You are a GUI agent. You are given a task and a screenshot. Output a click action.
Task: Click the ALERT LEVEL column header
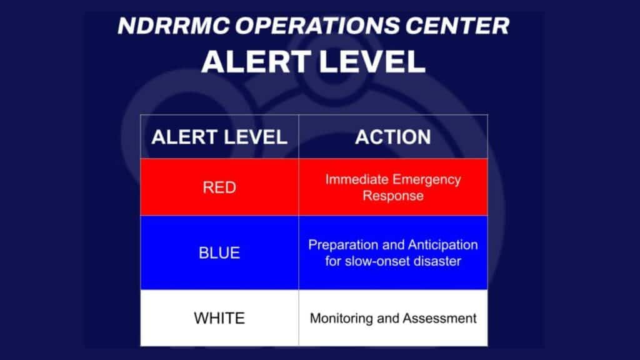(219, 137)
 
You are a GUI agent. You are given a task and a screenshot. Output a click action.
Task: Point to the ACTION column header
(392, 137)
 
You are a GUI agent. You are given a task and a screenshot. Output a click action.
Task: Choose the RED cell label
(219, 187)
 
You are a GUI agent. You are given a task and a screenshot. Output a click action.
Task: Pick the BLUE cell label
(219, 253)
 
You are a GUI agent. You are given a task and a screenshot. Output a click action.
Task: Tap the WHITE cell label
(219, 317)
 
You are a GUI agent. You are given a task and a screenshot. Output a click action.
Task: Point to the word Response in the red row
(393, 196)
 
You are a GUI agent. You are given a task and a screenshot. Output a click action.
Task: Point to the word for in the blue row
(333, 261)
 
